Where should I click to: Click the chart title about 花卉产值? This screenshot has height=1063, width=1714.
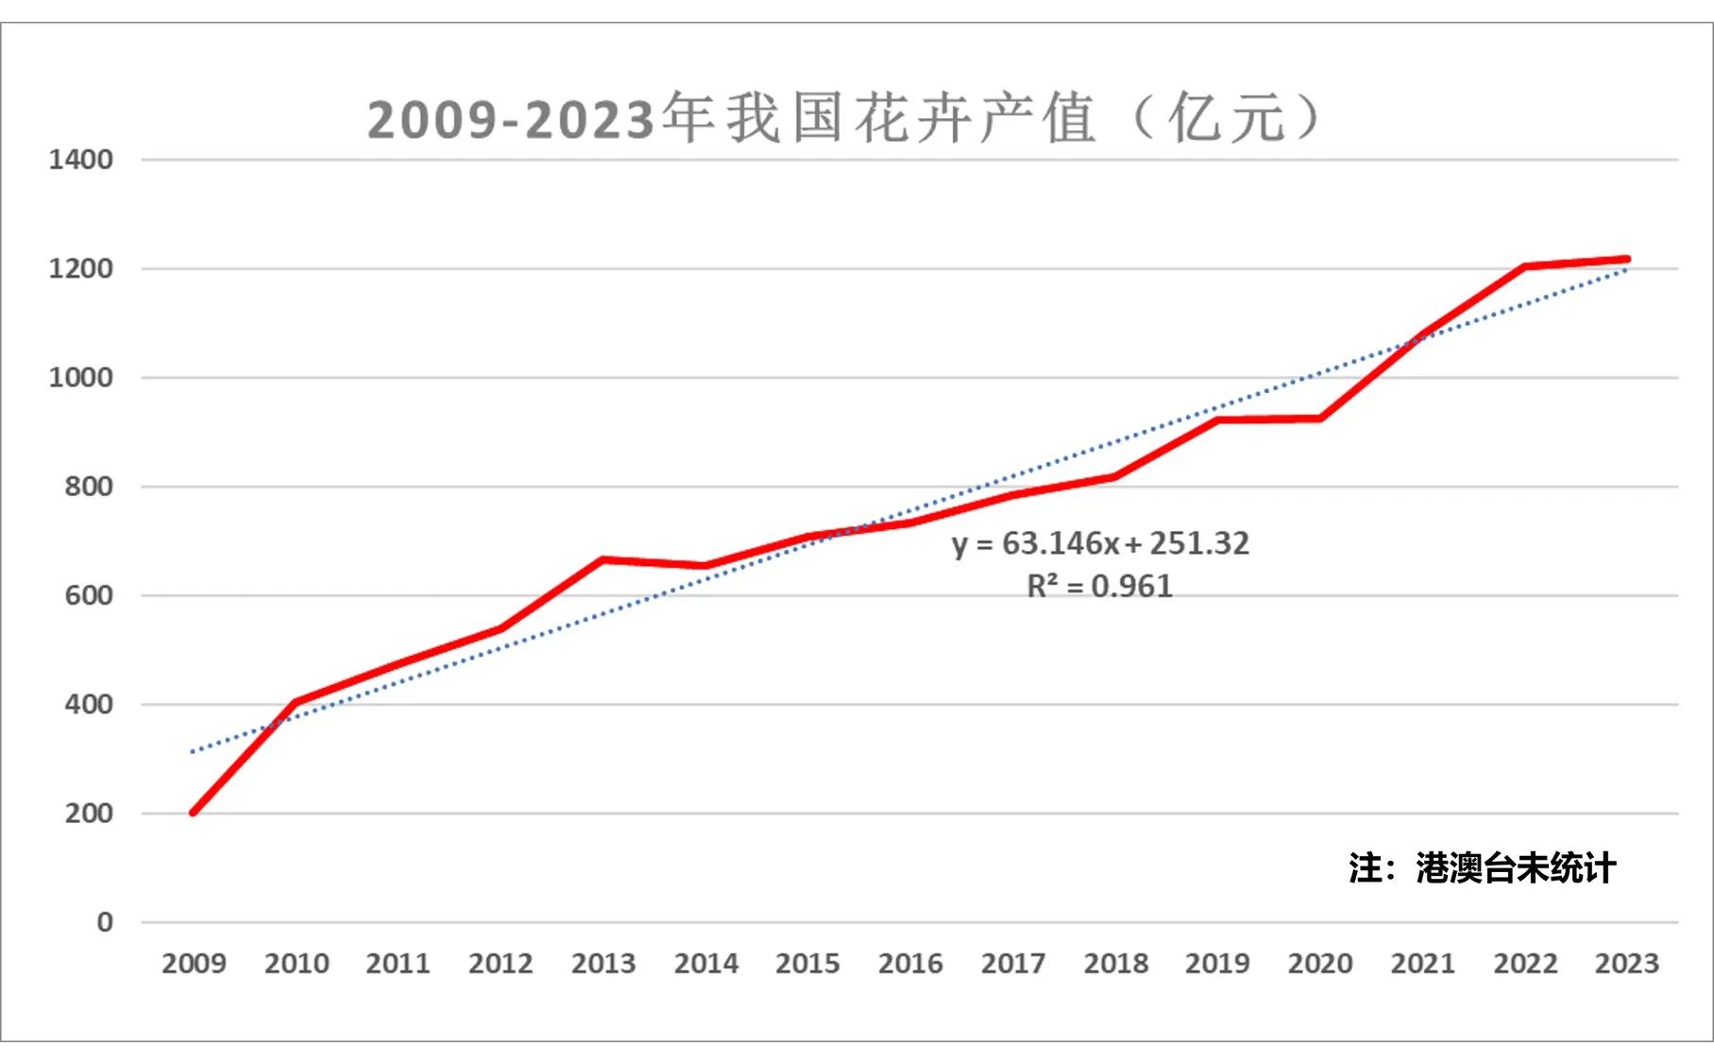[x=842, y=119]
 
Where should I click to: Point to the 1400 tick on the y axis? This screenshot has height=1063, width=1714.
[x=80, y=160]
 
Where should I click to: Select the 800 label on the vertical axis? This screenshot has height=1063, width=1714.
[x=88, y=487]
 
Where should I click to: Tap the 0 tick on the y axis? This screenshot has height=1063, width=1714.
[x=105, y=922]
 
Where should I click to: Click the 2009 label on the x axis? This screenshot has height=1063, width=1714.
[x=194, y=964]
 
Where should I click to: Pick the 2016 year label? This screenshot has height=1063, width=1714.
[x=910, y=964]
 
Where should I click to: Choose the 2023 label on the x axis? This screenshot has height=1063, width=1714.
[x=1626, y=964]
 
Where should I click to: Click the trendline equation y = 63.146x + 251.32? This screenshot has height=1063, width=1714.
[x=1100, y=543]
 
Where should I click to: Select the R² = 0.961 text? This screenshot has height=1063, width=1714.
[x=1099, y=587]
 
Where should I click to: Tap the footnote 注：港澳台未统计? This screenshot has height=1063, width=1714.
[x=1482, y=868]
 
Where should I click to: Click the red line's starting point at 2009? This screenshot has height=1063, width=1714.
[x=194, y=813]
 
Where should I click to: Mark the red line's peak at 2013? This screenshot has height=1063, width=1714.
[x=602, y=559]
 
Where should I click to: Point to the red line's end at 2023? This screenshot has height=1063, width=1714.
[x=1626, y=259]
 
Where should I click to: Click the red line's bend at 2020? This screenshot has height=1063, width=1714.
[x=1320, y=419]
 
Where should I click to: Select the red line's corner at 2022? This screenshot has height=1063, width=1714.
[x=1525, y=266]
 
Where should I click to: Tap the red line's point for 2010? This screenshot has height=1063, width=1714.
[x=296, y=702]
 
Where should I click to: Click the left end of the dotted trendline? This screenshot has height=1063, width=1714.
[x=193, y=751]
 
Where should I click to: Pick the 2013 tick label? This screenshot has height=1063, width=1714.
[x=602, y=964]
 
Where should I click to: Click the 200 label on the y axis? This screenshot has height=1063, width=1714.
[x=88, y=814]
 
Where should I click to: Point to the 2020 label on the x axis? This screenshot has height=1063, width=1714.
[x=1320, y=964]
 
